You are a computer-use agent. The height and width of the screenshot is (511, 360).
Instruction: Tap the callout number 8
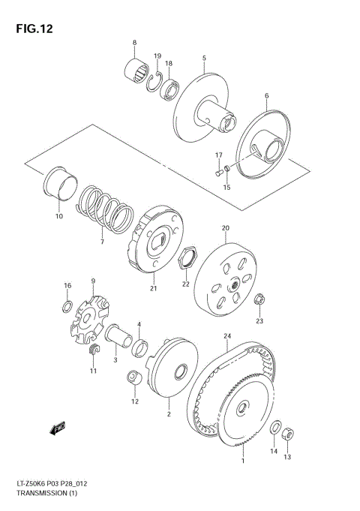(x=134, y=42)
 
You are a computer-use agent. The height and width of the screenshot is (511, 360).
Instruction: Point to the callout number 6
(x=265, y=95)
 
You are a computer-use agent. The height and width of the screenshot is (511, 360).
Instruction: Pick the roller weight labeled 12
(x=134, y=379)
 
